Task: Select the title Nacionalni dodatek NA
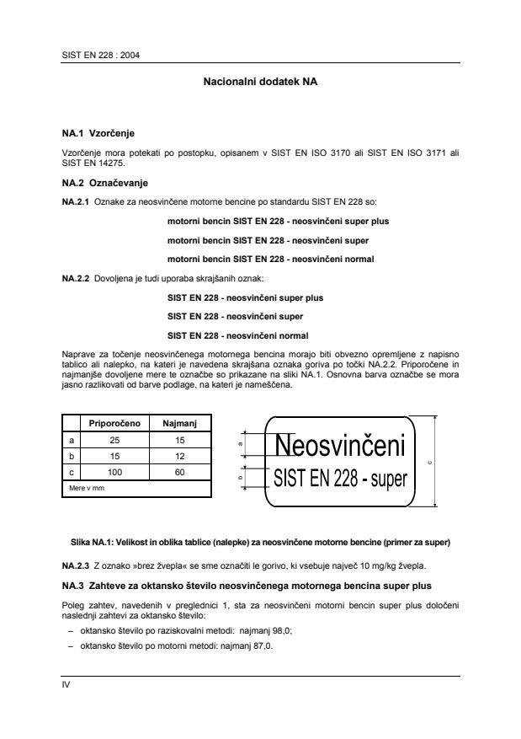point(260,83)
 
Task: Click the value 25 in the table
point(114,440)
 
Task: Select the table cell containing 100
point(114,472)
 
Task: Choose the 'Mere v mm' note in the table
point(85,487)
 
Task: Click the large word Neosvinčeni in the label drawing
point(341,445)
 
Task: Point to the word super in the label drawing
point(385,481)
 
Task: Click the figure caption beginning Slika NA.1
point(260,540)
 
